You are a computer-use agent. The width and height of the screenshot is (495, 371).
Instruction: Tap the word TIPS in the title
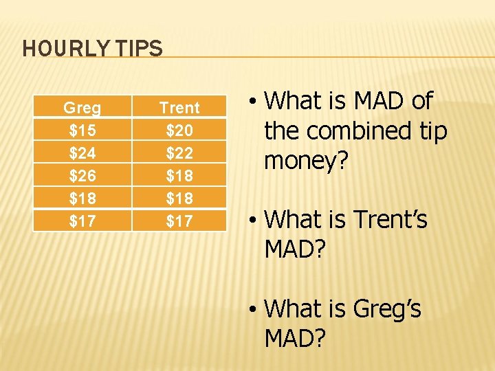[142, 49]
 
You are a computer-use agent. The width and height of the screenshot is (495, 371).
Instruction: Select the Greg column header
[82, 108]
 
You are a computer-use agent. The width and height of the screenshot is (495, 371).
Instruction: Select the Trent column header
[179, 108]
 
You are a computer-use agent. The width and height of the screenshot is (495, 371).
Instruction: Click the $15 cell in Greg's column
[82, 131]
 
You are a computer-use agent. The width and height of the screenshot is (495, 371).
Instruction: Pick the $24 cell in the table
[82, 153]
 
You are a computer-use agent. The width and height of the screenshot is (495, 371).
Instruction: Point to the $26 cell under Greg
[82, 175]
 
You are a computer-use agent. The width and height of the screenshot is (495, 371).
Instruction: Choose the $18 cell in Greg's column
[82, 198]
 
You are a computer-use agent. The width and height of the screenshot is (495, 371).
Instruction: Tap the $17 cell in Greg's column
[82, 221]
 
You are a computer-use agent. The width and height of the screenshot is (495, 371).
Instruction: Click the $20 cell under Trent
[179, 131]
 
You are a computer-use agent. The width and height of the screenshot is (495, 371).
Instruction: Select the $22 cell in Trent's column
[179, 153]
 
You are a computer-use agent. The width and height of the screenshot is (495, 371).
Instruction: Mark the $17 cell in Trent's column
[179, 221]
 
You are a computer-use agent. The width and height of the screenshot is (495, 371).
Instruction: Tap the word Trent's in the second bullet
[390, 220]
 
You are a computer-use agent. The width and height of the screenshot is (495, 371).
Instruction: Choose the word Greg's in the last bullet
[387, 309]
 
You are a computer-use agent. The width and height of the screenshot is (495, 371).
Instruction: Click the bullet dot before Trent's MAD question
[254, 221]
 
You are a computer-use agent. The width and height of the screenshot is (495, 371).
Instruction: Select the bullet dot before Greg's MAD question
[254, 310]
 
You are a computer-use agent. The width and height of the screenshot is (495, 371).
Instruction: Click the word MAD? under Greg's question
[295, 338]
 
